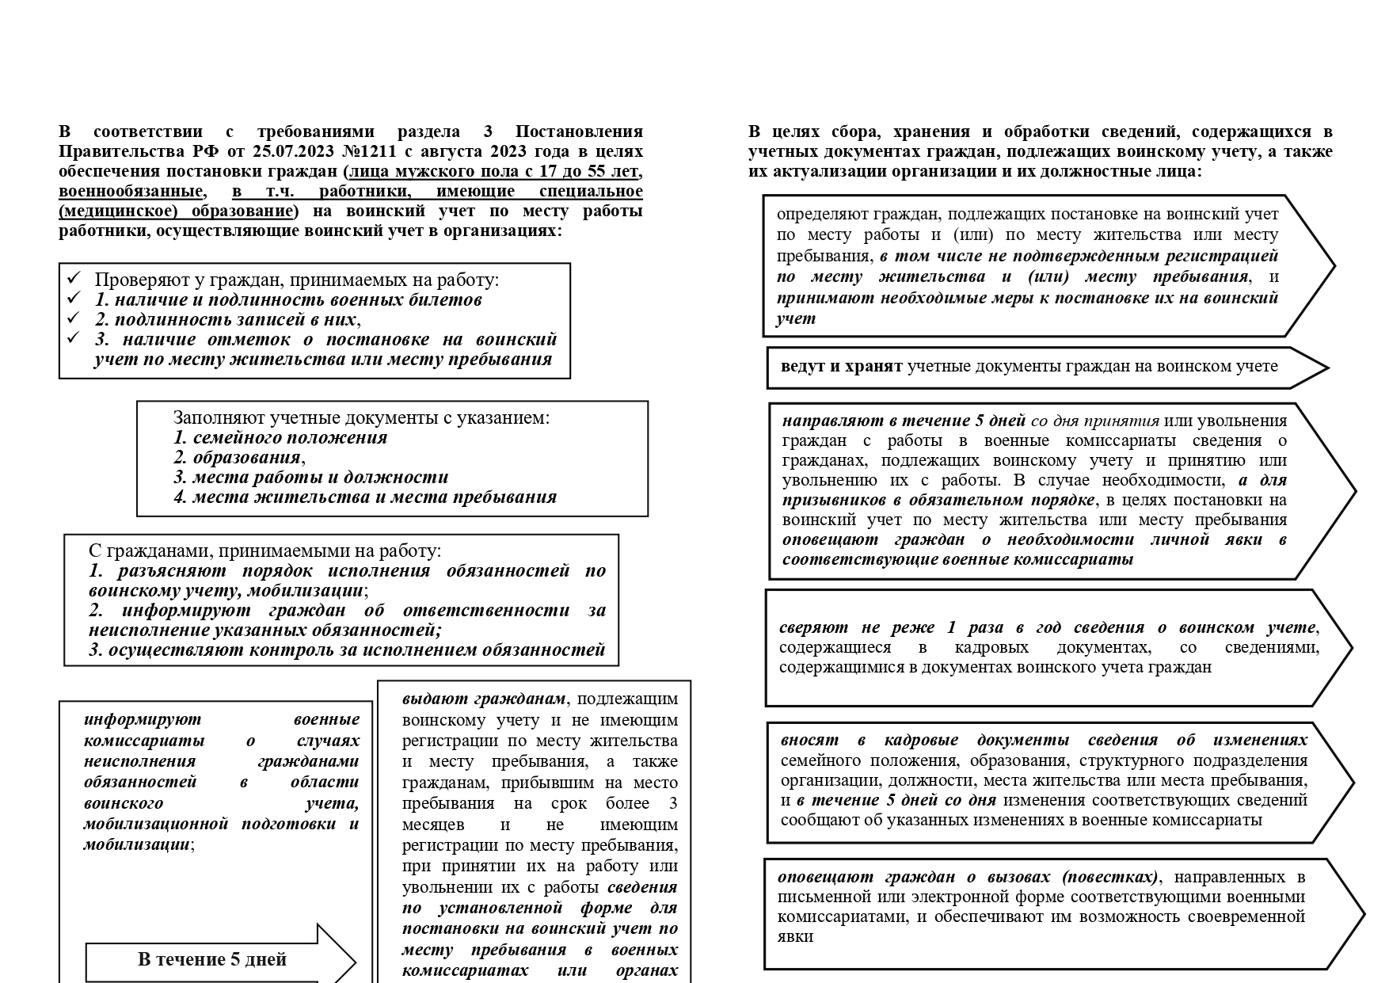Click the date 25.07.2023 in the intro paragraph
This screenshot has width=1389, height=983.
click(x=299, y=151)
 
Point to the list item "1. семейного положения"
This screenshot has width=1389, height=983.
click(x=280, y=437)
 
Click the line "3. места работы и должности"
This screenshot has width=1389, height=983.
click(x=311, y=477)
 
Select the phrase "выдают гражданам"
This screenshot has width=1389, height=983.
click(x=484, y=699)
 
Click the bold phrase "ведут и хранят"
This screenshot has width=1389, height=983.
click(x=841, y=366)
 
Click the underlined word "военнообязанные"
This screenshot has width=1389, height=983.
click(x=130, y=191)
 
